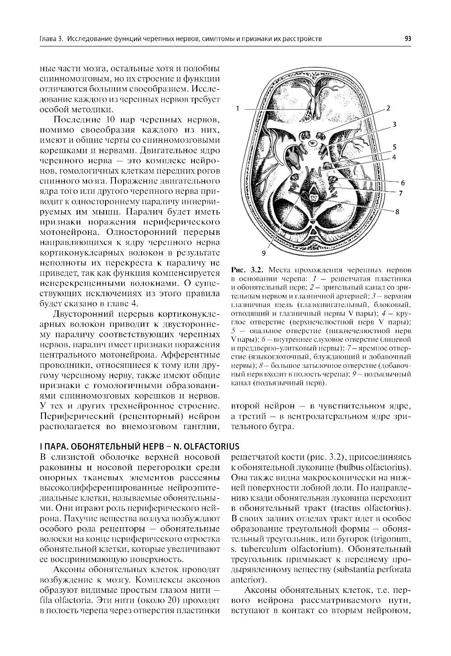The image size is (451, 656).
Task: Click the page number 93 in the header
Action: [x=408, y=39]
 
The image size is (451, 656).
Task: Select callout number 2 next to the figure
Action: [x=388, y=108]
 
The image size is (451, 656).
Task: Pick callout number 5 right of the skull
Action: [x=394, y=147]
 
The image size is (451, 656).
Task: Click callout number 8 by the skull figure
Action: [x=397, y=211]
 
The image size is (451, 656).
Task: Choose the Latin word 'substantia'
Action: [x=360, y=570]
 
